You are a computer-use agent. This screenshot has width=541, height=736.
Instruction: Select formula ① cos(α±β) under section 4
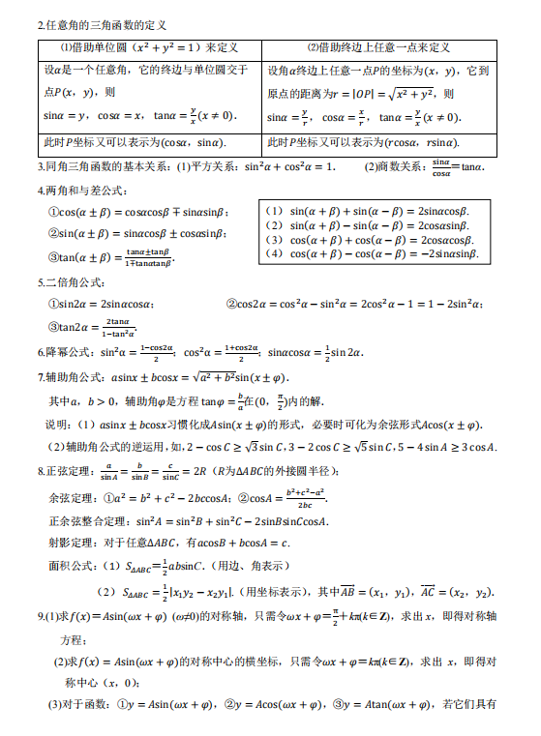click(x=136, y=211)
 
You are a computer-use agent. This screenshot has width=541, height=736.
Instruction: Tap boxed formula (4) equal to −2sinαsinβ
click(x=372, y=253)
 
